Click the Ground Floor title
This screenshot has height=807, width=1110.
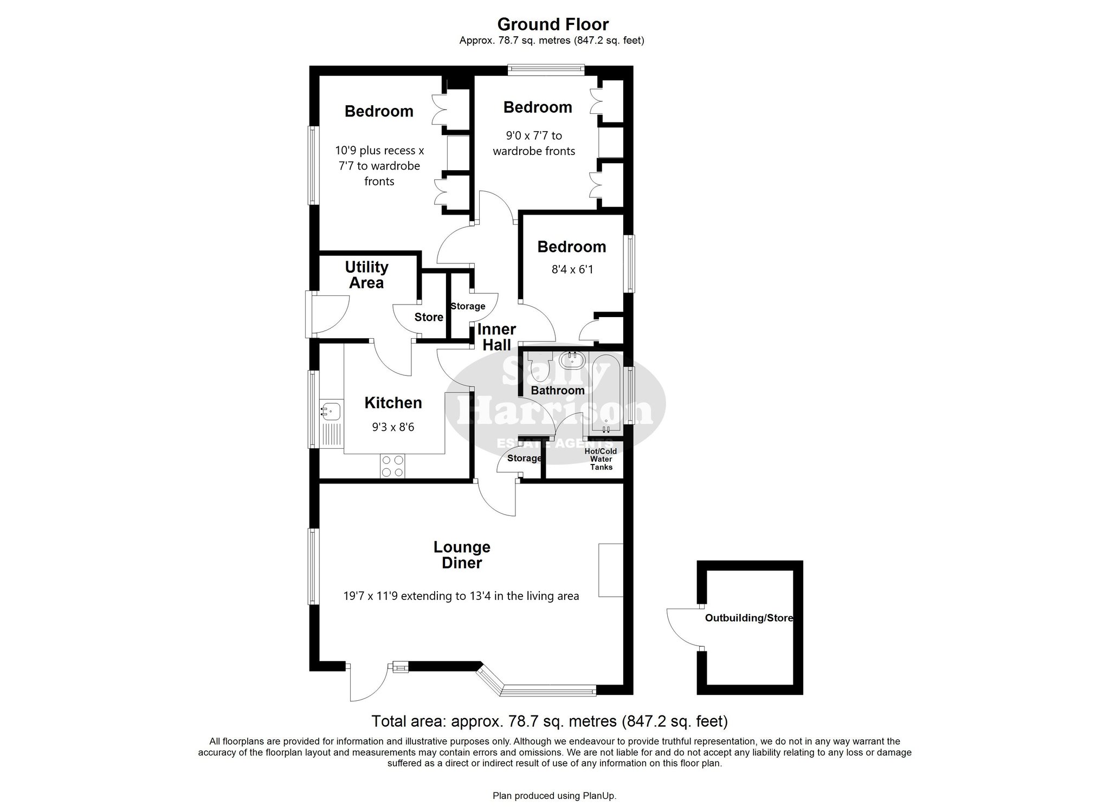pos(553,24)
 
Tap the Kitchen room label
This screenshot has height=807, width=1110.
pos(393,403)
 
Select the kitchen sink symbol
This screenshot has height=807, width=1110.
pos(330,411)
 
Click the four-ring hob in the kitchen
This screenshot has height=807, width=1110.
pos(392,466)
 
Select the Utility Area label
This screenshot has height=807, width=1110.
pos(366,275)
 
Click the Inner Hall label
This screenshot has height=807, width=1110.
pos(496,337)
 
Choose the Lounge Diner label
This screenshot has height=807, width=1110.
pos(462,555)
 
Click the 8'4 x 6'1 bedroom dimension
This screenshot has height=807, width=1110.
pos(572,269)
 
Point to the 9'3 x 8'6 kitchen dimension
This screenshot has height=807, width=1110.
pos(393,427)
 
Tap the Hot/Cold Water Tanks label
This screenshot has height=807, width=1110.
pos(601,459)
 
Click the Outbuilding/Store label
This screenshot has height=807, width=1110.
pos(749,618)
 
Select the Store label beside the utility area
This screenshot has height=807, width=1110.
pos(429,317)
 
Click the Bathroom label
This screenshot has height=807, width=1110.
pos(558,390)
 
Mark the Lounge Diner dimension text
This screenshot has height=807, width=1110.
pos(461,596)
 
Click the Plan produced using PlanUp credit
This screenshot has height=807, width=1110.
pos(554,796)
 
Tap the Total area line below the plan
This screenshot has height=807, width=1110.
pos(549,721)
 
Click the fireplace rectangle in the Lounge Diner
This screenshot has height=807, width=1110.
pos(611,570)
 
